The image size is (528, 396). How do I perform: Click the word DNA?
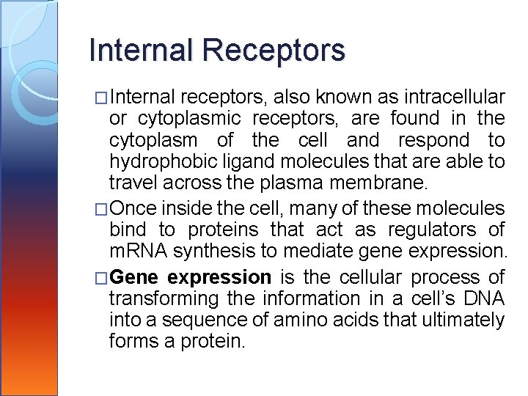tap(484, 299)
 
